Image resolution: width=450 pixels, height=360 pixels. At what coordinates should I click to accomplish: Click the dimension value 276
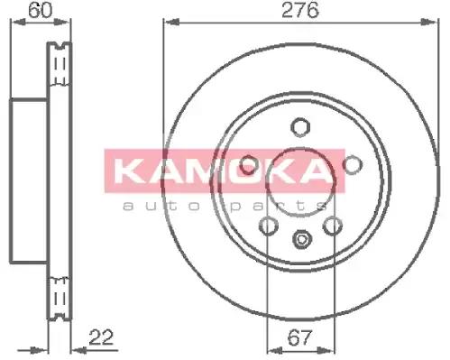click(x=299, y=10)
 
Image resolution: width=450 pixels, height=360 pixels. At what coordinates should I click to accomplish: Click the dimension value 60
click(x=40, y=10)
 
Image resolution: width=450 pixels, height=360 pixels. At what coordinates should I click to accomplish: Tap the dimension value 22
click(x=101, y=337)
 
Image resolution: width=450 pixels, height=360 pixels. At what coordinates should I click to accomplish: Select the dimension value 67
click(x=299, y=337)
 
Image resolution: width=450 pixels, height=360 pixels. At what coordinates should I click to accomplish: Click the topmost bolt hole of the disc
click(x=300, y=127)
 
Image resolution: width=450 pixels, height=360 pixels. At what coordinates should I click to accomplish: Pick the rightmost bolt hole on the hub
click(x=353, y=164)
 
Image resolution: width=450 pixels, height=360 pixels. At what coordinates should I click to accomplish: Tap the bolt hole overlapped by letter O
click(x=249, y=165)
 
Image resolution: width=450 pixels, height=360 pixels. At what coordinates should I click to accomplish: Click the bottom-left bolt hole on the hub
click(x=268, y=226)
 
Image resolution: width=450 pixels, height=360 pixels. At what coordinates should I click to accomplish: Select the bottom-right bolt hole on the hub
click(x=333, y=226)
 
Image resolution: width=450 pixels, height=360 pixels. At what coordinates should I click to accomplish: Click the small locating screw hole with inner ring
click(x=302, y=239)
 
